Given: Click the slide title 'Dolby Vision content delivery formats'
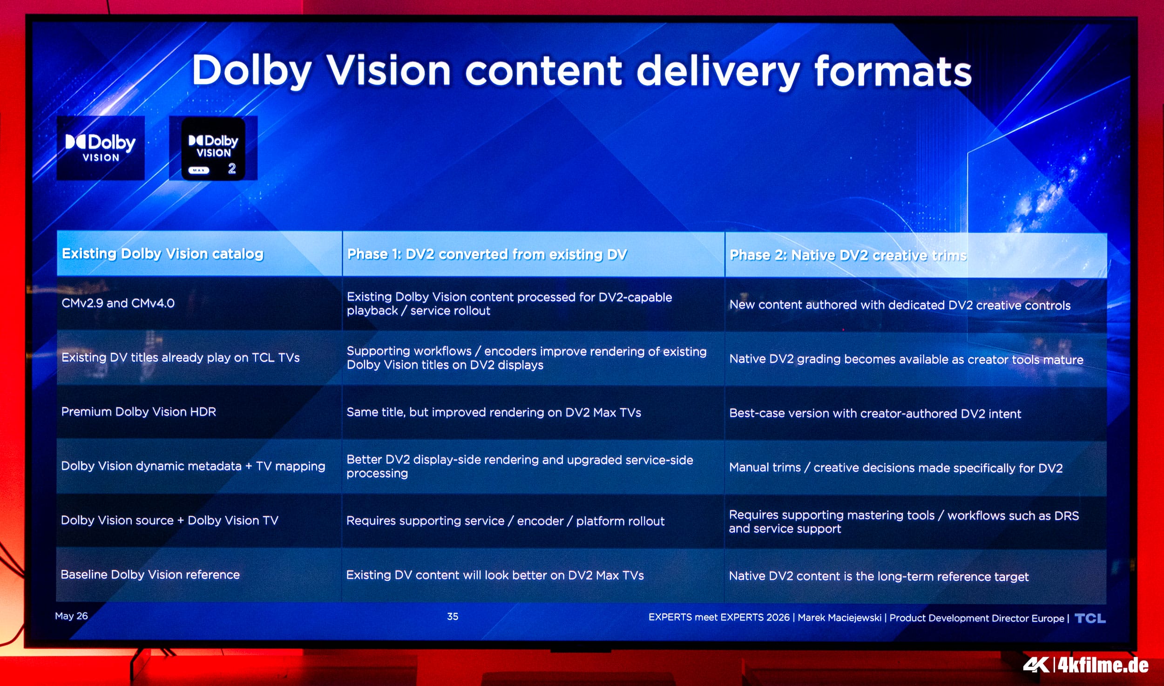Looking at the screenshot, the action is (582, 71).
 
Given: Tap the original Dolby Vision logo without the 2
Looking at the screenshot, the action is (101, 148).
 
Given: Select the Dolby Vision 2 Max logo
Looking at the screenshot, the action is (213, 148).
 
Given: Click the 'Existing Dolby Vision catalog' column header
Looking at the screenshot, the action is (162, 254).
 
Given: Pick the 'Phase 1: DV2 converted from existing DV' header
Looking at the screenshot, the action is (487, 254).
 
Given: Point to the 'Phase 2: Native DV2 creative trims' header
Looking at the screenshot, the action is (848, 255).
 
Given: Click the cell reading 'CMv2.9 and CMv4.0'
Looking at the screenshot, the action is (118, 303).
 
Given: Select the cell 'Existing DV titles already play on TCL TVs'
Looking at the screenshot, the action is (181, 357).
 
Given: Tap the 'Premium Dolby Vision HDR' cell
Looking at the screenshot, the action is (139, 412).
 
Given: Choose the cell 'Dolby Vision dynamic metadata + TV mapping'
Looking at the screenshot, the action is (193, 466).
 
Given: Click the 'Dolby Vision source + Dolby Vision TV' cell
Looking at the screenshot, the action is (169, 520).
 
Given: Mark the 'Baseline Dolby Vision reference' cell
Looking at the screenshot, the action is (150, 575).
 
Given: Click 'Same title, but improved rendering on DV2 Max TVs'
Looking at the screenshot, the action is (494, 412).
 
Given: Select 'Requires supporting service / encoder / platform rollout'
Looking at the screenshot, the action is (505, 521).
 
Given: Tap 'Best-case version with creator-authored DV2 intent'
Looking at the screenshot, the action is (875, 413).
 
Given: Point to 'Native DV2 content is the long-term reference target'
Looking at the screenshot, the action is (879, 576).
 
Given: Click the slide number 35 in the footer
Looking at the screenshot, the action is (453, 617).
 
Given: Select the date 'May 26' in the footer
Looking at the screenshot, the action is (71, 616).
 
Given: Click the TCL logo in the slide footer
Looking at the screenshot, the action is (1090, 618).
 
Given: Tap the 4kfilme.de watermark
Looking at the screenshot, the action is (1086, 665).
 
